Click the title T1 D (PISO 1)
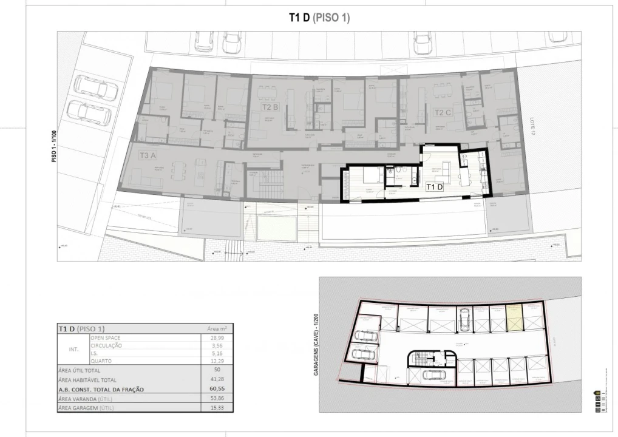(x=319, y=18)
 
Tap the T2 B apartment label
(x=270, y=107)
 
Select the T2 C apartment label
(x=442, y=112)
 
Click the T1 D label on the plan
(x=435, y=187)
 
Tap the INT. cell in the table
(x=73, y=349)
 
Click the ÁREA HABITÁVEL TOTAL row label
(x=89, y=379)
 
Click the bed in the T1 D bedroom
(x=371, y=177)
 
